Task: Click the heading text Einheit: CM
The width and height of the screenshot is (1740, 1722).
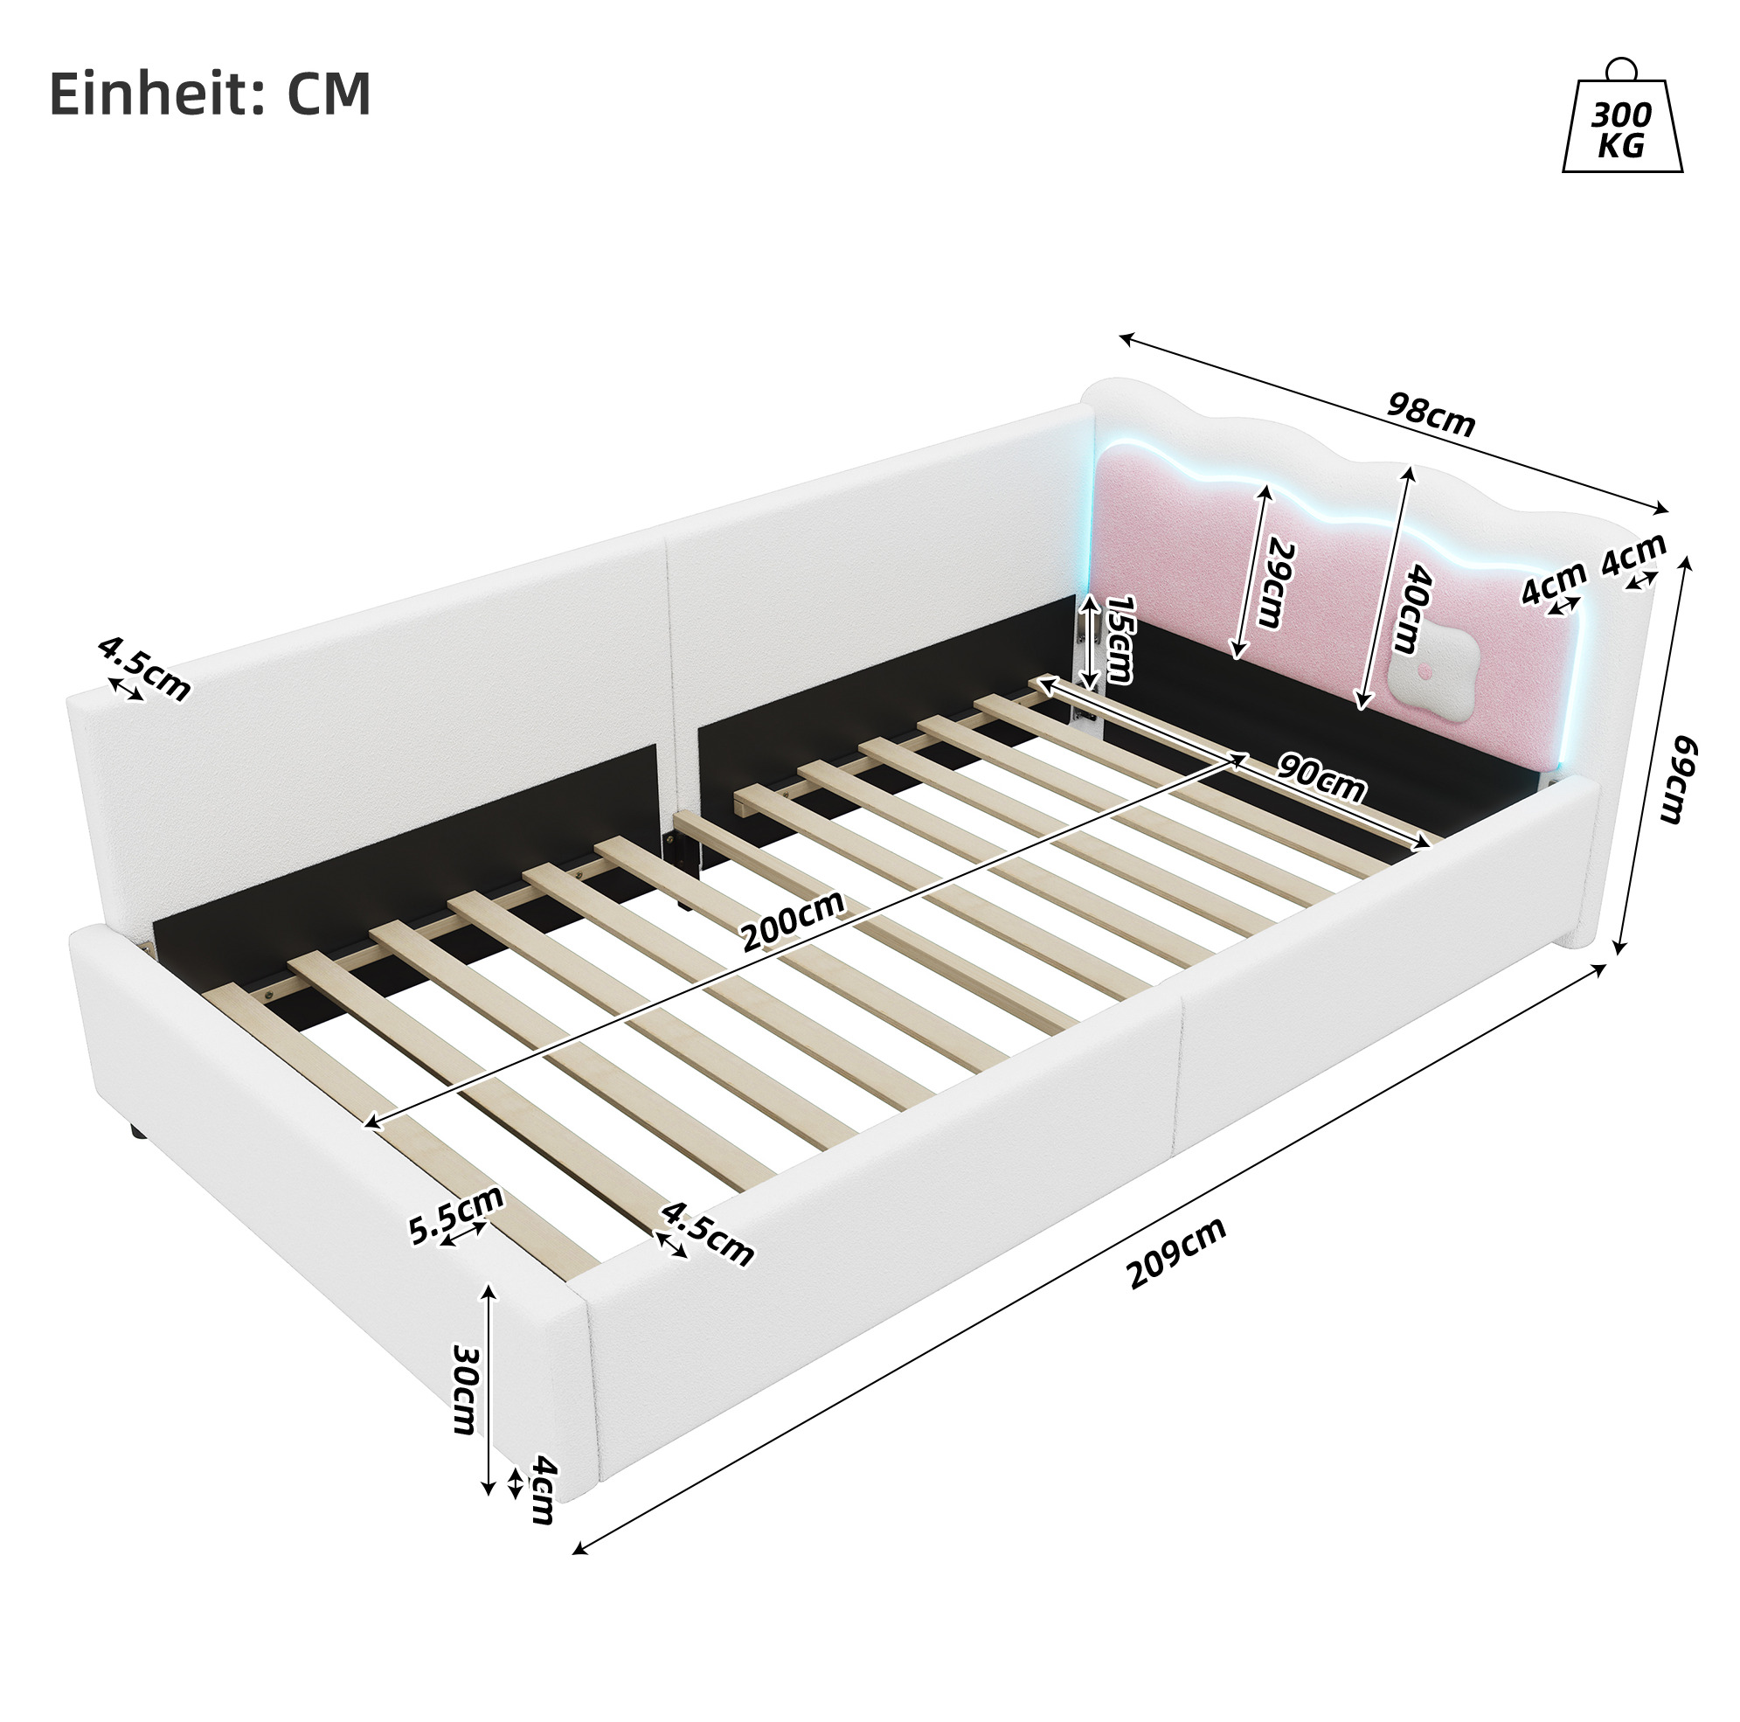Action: (x=210, y=94)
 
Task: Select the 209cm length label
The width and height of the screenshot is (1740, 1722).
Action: (x=1177, y=1253)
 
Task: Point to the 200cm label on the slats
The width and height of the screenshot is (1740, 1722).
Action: (x=794, y=920)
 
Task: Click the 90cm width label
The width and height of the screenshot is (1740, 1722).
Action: (x=1321, y=776)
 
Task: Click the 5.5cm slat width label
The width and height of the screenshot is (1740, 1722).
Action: (x=454, y=1215)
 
